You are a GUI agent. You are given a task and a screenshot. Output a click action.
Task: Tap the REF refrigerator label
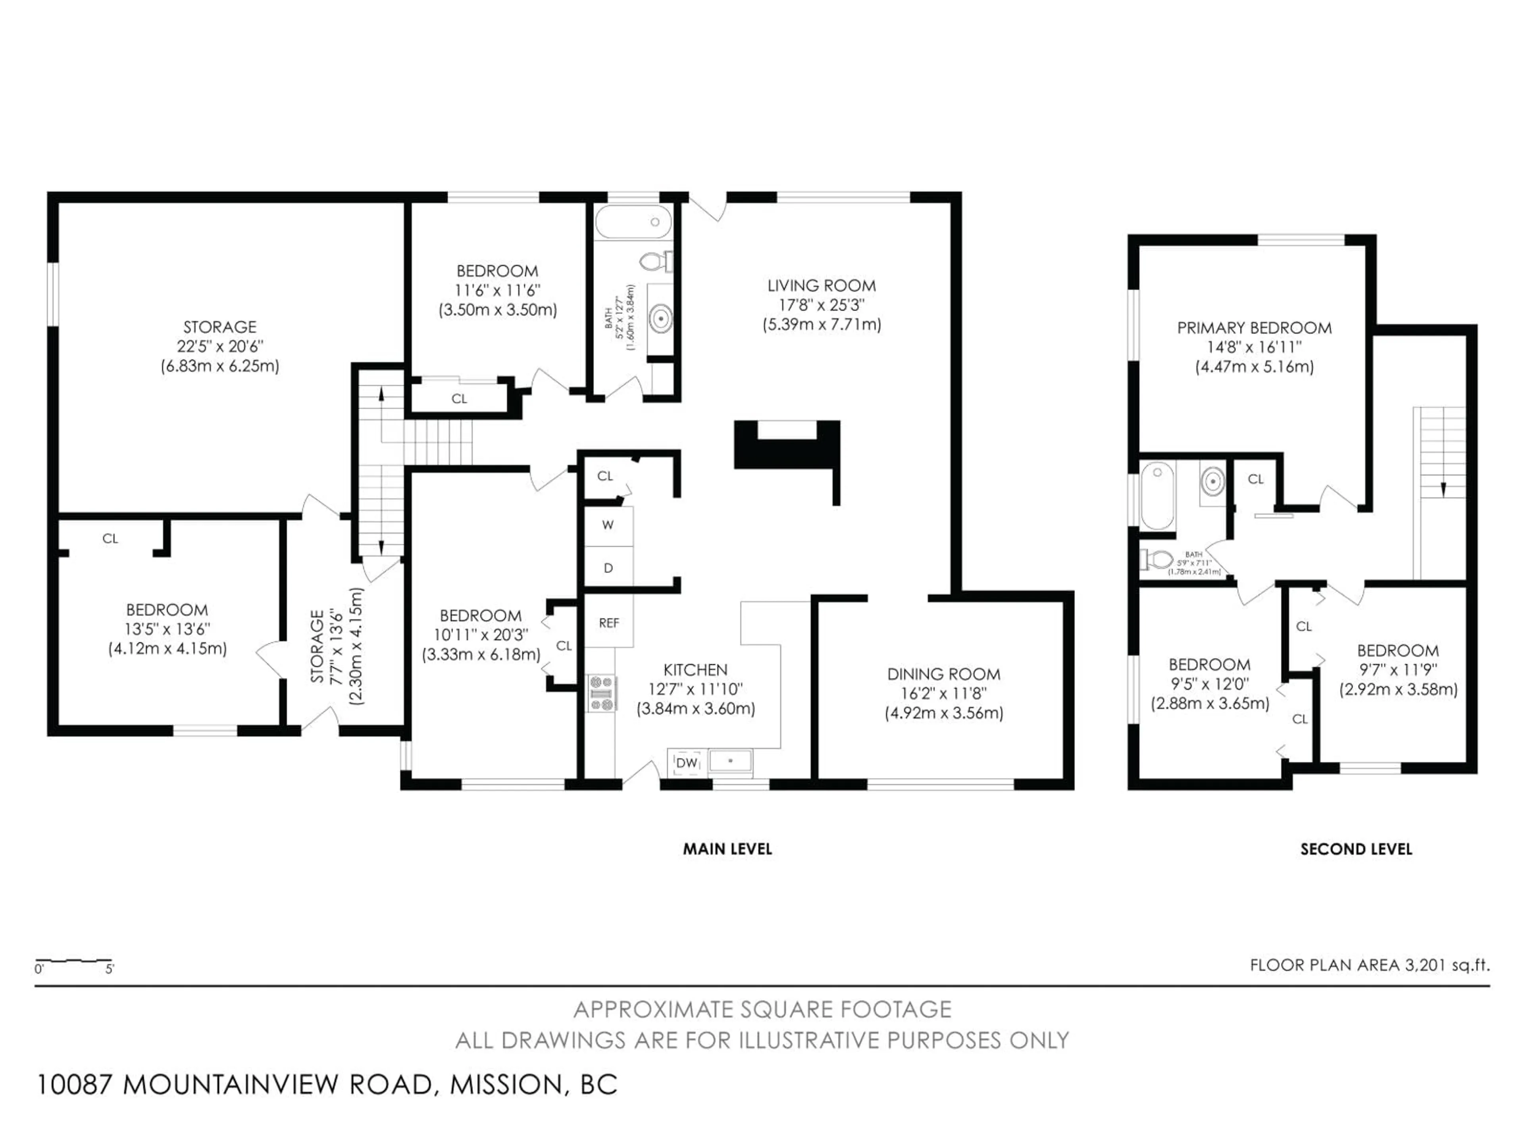(608, 623)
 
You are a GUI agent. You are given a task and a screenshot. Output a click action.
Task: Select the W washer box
(608, 525)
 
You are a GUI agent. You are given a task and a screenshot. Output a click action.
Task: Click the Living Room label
(821, 285)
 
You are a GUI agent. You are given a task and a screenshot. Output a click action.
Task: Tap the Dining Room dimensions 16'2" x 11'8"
(943, 693)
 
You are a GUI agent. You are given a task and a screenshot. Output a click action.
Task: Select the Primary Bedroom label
(1254, 328)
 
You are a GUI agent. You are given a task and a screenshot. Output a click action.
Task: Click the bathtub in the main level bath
(633, 222)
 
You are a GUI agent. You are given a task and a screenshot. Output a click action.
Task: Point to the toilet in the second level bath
(1156, 559)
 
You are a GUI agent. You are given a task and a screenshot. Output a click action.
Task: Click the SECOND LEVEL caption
(1355, 849)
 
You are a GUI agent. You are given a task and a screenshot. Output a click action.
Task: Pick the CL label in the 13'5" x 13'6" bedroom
(110, 539)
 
